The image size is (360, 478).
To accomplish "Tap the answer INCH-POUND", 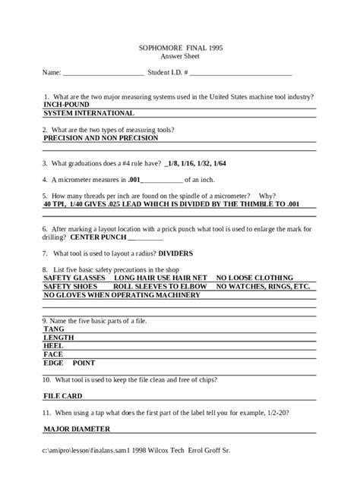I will click(65, 105).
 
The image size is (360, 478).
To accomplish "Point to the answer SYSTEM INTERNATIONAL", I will click(89, 113).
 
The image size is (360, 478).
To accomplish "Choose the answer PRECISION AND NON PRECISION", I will click(100, 139).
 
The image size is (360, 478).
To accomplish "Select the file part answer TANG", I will click(54, 329).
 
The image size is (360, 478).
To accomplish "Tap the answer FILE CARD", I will click(63, 395).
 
